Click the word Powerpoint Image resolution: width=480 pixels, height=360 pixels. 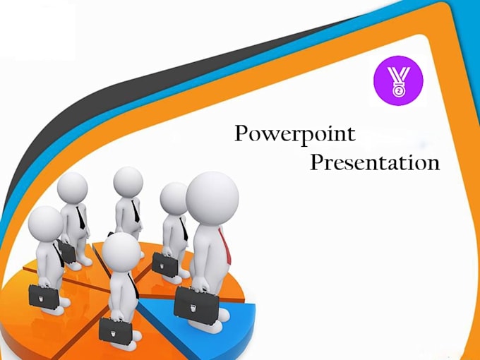[295, 134]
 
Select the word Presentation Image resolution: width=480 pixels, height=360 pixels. [375, 162]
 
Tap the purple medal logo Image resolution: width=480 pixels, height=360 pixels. [398, 80]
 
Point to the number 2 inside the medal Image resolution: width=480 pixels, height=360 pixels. [398, 91]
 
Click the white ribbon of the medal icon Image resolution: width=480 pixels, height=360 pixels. [398, 76]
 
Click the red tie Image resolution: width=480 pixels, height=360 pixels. [226, 246]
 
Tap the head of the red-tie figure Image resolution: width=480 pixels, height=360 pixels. [212, 198]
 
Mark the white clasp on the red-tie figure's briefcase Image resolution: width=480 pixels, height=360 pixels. [193, 308]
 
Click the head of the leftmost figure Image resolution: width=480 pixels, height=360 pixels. [46, 224]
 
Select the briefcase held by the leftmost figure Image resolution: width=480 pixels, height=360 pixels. [44, 296]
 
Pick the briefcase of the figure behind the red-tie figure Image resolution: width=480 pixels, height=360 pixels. [164, 264]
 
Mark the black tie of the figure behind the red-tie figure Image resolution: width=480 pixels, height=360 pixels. [184, 229]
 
